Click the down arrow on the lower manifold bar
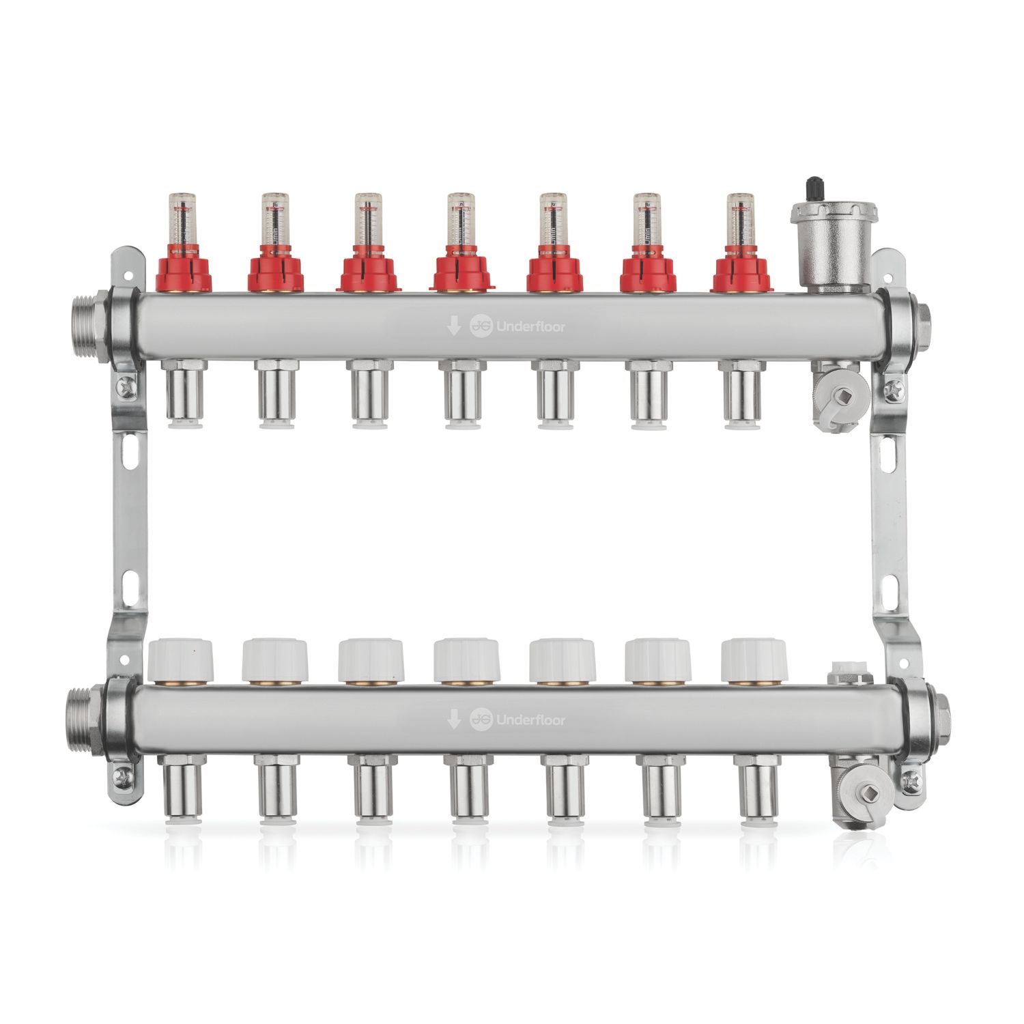coord(453,719)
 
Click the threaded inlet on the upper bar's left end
coord(85,318)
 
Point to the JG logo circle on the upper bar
coord(481,327)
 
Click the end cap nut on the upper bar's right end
coord(924,317)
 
